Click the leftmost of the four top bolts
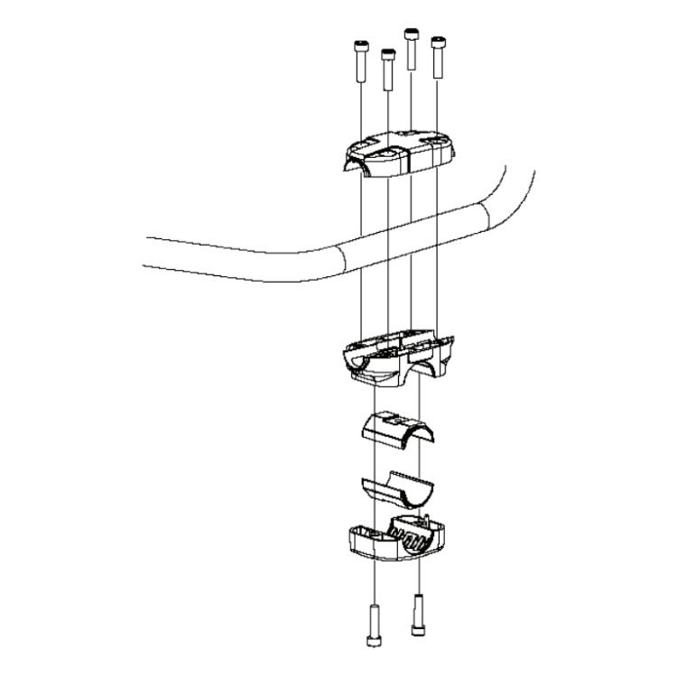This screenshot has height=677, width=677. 361,61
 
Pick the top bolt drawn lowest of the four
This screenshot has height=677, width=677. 387,70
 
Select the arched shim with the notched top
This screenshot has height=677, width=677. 397,429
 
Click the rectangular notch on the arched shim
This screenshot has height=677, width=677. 398,419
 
